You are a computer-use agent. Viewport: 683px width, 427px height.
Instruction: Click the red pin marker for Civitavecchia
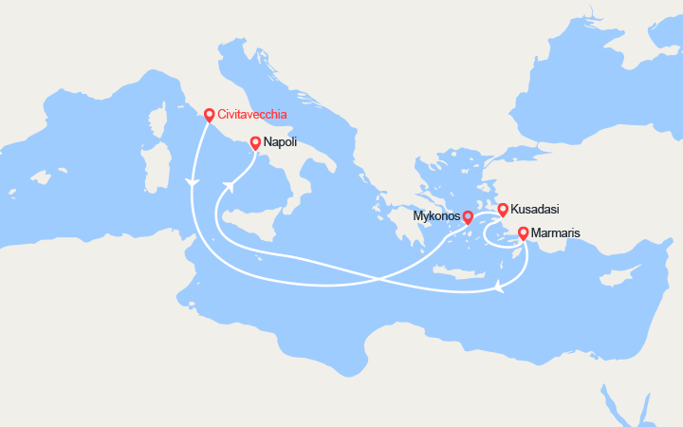coord(209,115)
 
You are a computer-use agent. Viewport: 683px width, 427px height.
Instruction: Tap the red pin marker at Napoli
coord(255,143)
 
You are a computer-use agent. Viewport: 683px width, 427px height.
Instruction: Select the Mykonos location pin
coord(468,217)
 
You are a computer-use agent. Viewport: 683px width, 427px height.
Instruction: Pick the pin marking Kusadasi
coord(503,209)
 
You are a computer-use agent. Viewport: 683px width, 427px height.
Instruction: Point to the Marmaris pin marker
coord(523,232)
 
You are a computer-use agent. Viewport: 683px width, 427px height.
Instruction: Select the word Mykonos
coord(437,217)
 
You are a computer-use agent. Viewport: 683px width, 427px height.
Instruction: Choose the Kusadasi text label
coord(535,209)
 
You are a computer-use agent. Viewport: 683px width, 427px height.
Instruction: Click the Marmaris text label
coord(557,232)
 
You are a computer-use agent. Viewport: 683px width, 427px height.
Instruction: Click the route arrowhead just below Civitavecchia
coord(193,182)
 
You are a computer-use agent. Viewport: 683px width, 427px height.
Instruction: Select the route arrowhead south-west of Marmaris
coord(499,285)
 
